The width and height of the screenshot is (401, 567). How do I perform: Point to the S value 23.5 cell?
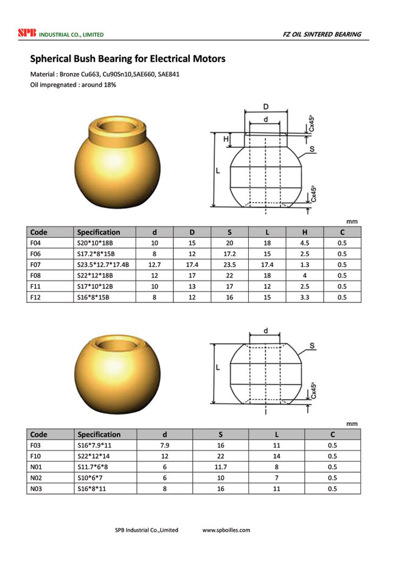pyautogui.click(x=229, y=265)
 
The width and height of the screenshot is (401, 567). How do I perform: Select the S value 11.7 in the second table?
pyautogui.click(x=220, y=467)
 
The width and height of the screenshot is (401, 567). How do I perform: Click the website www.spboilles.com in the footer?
pyautogui.click(x=226, y=530)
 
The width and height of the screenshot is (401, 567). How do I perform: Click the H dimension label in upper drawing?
pyautogui.click(x=225, y=139)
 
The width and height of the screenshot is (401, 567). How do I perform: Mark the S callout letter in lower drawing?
pyautogui.click(x=312, y=346)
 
